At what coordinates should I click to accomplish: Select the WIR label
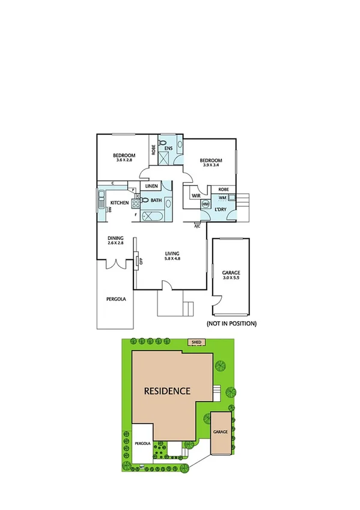click(x=195, y=196)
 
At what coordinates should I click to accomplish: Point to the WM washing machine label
click(x=222, y=197)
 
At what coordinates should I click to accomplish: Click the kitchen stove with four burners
click(x=135, y=202)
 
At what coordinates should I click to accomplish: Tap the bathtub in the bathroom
click(x=154, y=216)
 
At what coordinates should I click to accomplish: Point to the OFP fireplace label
click(x=139, y=261)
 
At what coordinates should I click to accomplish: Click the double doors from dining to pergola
click(x=115, y=265)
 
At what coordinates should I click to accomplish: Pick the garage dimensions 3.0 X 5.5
click(x=231, y=278)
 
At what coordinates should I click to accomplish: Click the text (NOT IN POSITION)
click(x=231, y=324)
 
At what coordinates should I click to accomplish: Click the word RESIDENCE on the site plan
click(x=167, y=390)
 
